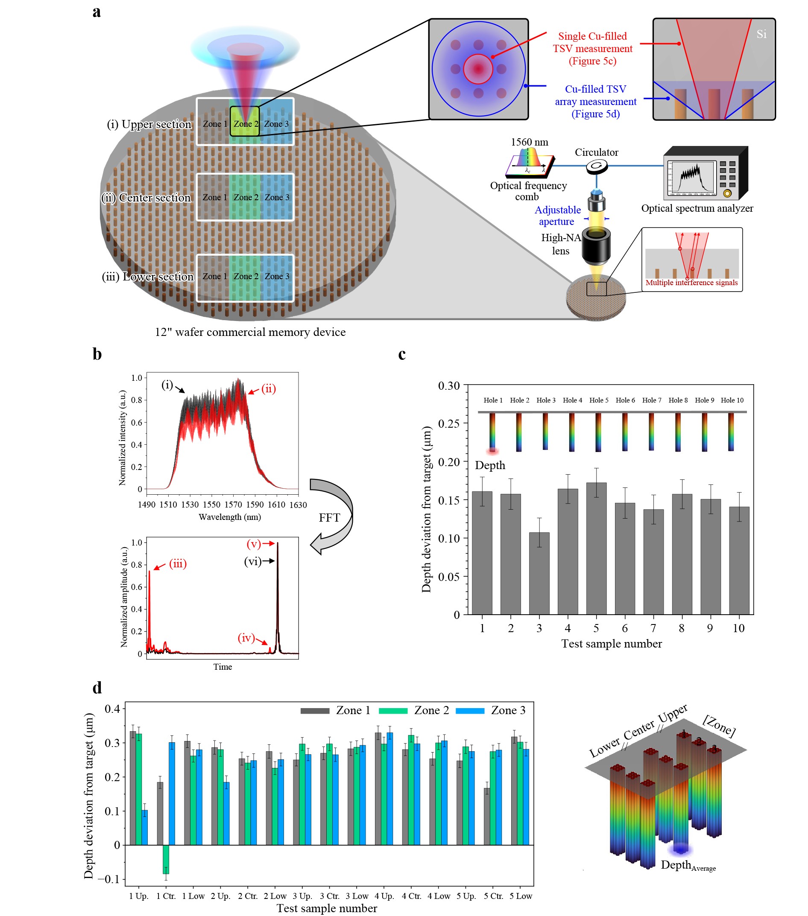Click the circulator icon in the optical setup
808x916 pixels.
coord(596,166)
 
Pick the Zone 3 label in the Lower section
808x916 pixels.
coord(277,277)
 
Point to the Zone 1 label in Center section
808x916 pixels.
coord(215,197)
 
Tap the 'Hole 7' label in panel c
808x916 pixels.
coord(651,400)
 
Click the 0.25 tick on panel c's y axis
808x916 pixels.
coord(449,423)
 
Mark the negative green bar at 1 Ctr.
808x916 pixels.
coord(165,859)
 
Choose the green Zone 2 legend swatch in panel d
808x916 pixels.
coord(393,711)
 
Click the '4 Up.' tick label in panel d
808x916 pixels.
coord(384,896)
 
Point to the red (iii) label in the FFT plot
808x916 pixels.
coord(178,564)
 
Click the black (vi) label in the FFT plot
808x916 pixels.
coord(252,561)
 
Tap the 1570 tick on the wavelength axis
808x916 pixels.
coord(233,505)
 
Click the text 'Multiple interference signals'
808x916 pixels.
coord(691,283)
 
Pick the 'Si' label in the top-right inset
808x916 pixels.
coord(761,34)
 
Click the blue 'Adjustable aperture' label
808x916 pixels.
coord(557,216)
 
